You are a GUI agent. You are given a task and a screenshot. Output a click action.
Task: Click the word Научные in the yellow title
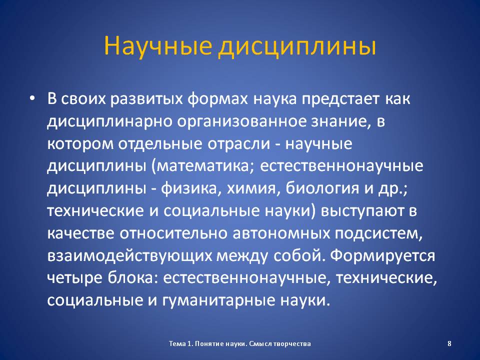click(x=158, y=46)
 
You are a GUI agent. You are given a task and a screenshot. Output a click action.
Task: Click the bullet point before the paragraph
click(x=32, y=98)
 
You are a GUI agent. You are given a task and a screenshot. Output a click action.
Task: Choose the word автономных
click(x=281, y=234)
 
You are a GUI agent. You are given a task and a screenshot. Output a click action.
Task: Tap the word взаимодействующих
click(x=129, y=255)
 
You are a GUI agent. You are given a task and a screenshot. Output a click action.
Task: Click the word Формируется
click(x=382, y=255)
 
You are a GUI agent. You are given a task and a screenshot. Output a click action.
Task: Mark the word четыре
click(x=74, y=278)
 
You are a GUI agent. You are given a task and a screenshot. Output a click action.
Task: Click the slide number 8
click(x=449, y=343)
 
